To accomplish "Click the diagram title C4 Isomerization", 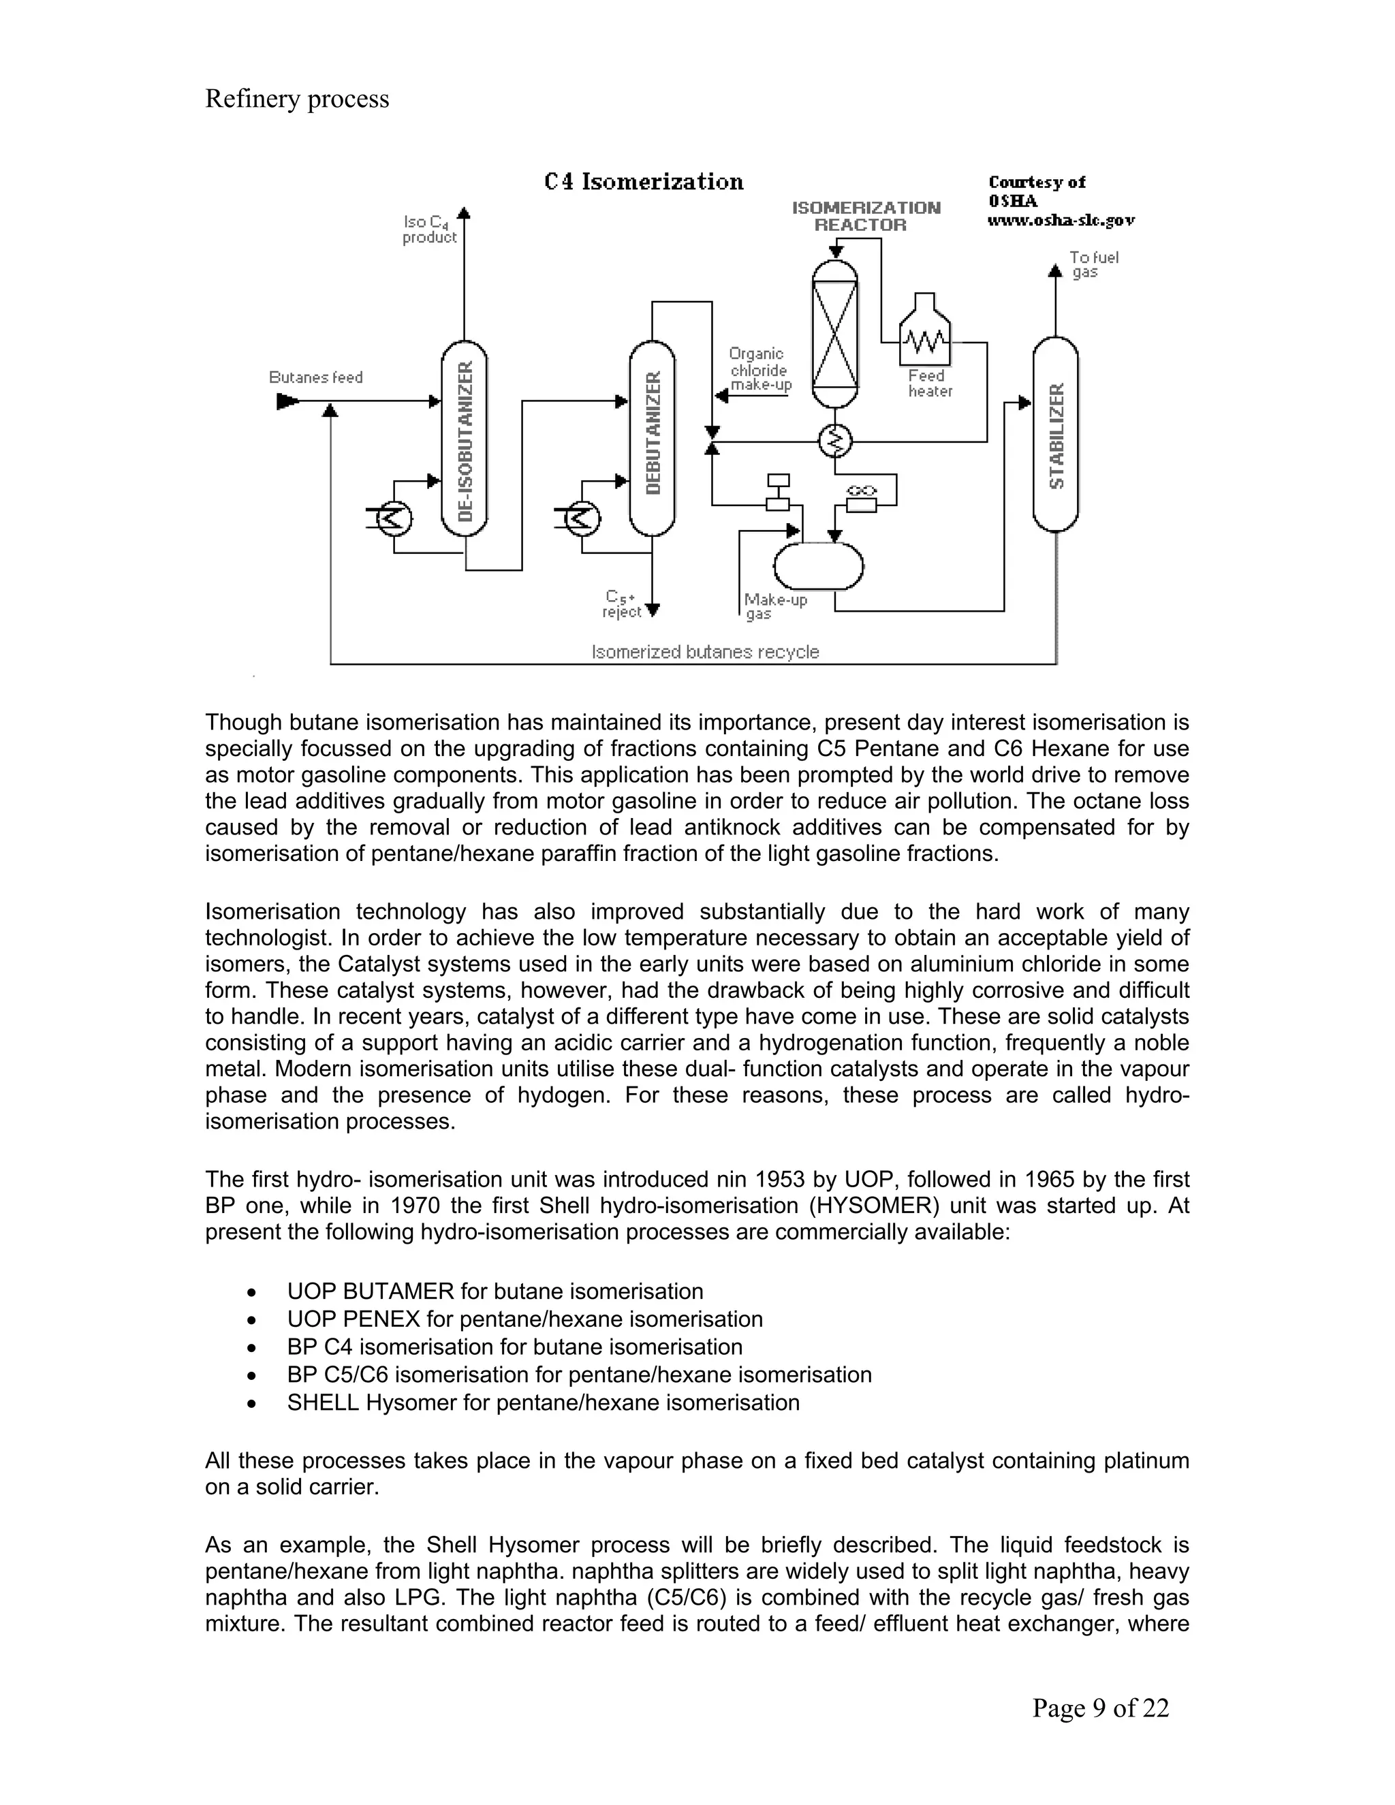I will [644, 182].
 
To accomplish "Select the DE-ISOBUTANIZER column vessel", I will [465, 438].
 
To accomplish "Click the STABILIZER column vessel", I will [1055, 435].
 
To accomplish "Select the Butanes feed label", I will [315, 378].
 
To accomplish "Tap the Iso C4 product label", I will [429, 230].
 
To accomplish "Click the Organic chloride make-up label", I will [759, 369].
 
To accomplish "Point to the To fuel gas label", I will [1093, 264].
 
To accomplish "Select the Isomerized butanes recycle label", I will [705, 652].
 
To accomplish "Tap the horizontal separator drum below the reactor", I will [818, 566].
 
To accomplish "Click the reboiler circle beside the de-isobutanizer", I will [394, 518].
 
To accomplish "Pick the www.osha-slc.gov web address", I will [1061, 221].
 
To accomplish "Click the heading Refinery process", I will [297, 98].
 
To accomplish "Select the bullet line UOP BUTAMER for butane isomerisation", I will [495, 1291].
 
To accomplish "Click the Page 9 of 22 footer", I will [1100, 1708].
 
